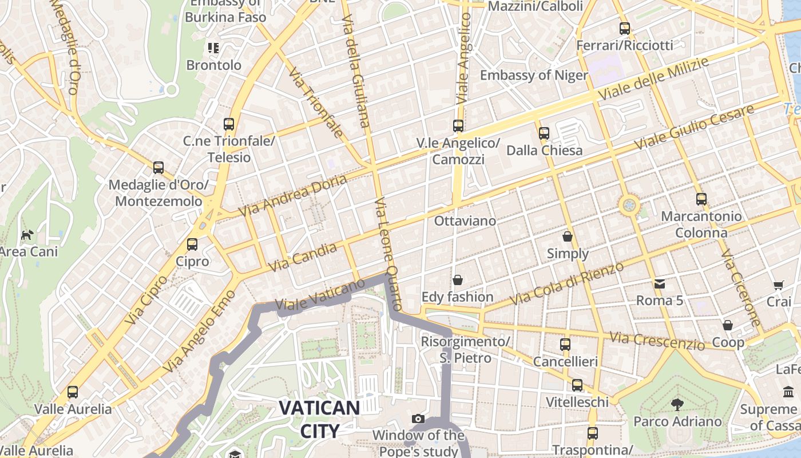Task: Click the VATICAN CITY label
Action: coord(319,419)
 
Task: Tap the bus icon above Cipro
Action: coord(192,244)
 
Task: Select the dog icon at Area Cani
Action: coord(27,234)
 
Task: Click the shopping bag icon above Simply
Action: coord(568,236)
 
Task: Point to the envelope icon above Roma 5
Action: coord(660,283)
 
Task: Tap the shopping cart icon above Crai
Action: coord(778,285)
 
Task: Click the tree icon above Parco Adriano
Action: coord(677,405)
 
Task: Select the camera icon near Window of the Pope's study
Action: coord(418,418)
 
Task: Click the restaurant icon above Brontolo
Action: coord(213,48)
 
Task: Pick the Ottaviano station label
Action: coord(465,220)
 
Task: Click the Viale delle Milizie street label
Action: coord(653,79)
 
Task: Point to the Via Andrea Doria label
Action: coord(292,195)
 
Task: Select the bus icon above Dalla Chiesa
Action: coord(544,133)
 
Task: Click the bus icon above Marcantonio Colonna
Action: coord(701,199)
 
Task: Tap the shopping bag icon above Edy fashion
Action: coord(458,280)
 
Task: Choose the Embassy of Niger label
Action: coord(533,75)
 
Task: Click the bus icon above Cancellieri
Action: coord(565,344)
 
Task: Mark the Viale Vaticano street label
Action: coord(320,295)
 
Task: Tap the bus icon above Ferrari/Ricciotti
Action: coord(625,28)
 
